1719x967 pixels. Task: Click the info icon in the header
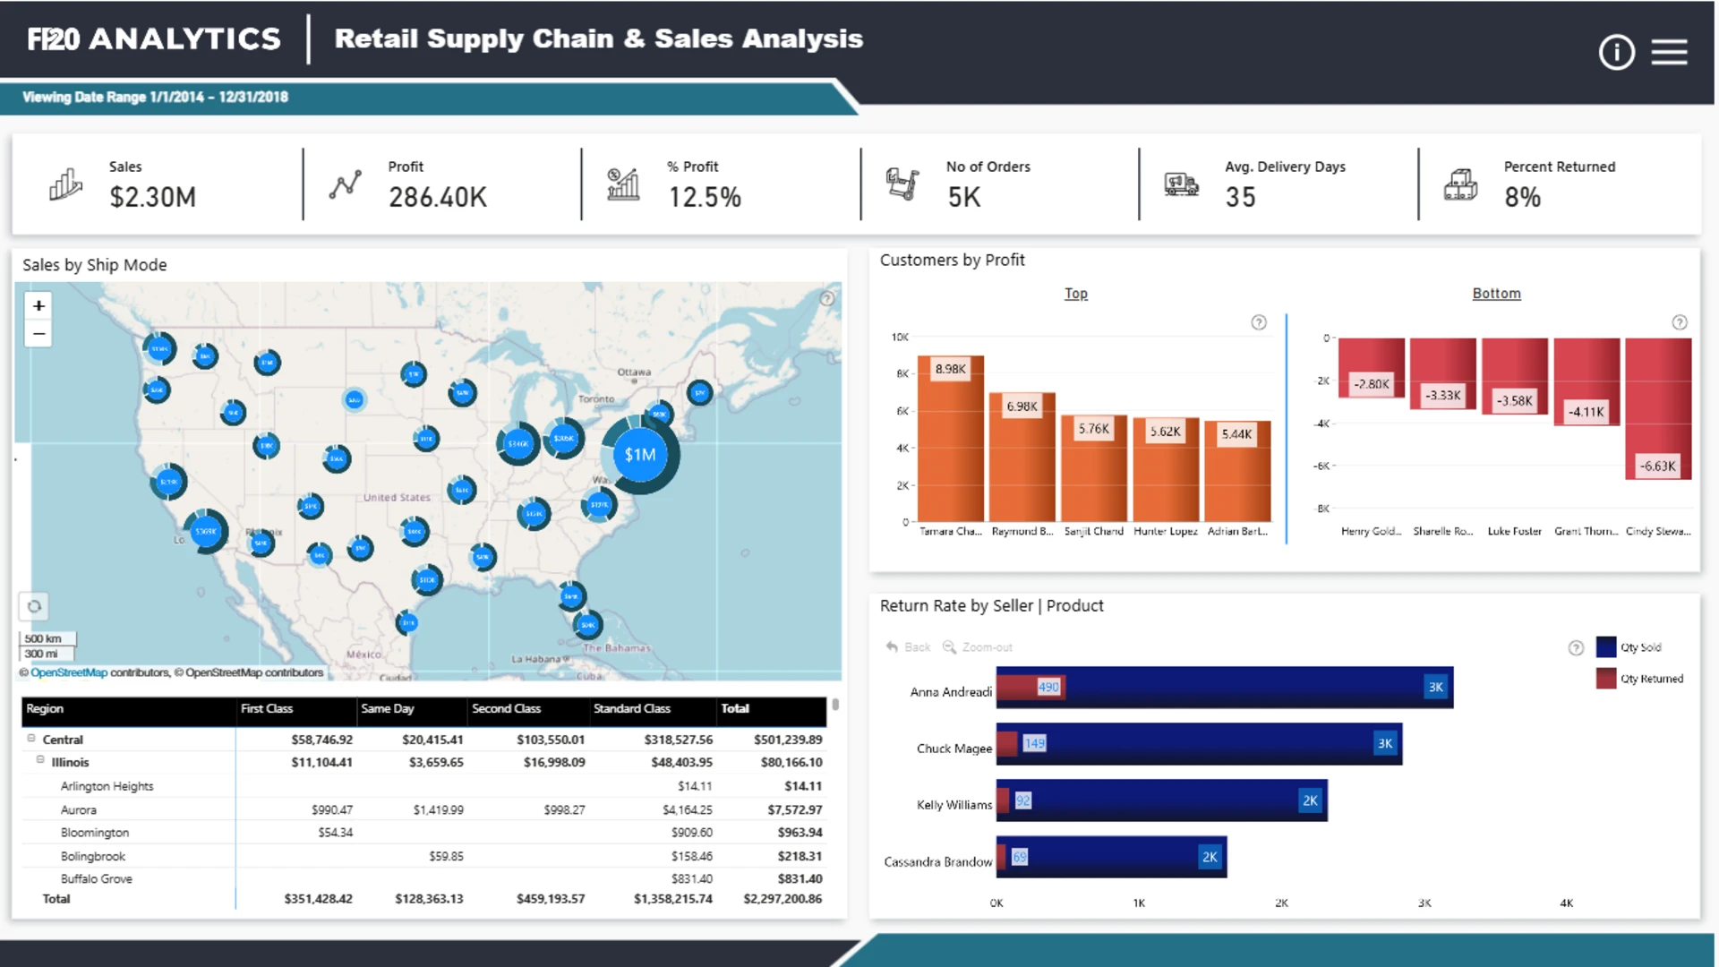tap(1616, 53)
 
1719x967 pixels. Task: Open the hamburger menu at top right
tap(1669, 53)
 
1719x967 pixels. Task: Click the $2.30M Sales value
tap(152, 197)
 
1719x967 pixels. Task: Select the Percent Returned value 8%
tap(1522, 197)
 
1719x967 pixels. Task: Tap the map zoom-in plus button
tap(38, 306)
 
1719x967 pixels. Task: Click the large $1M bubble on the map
tap(640, 455)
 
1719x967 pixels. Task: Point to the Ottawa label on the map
tap(634, 372)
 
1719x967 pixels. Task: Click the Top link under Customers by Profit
tap(1075, 294)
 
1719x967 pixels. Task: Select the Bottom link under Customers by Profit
tap(1496, 294)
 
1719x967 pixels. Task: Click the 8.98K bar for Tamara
tap(950, 439)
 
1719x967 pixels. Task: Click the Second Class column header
tap(507, 709)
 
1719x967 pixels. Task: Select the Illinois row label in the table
tap(70, 763)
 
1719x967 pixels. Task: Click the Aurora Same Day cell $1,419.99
tap(438, 810)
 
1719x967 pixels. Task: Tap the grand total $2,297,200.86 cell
tap(782, 899)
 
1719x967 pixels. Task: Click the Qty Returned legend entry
tap(1651, 679)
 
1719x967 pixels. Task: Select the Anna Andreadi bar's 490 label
tap(1048, 688)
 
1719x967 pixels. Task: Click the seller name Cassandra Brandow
tap(937, 862)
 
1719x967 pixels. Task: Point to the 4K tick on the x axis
tap(1566, 903)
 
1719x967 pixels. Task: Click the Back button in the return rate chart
tap(909, 647)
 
